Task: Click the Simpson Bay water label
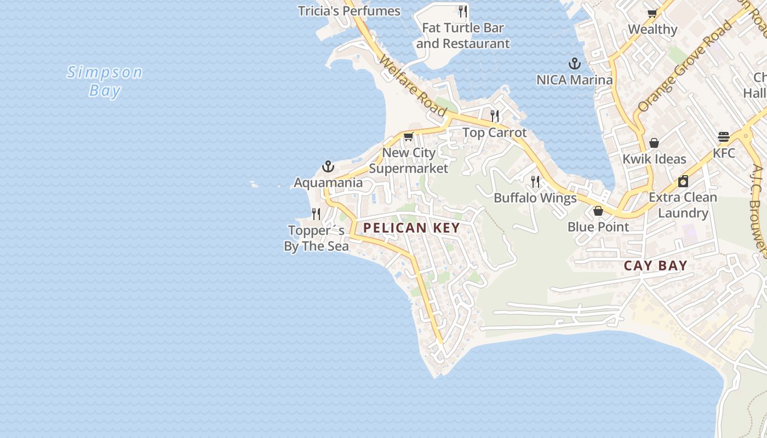105,81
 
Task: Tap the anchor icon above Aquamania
328,166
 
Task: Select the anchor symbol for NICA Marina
574,64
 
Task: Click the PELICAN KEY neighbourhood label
411,228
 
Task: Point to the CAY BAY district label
655,266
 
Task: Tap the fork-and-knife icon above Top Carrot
495,116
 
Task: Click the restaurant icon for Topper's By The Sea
316,214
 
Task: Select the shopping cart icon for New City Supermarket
408,137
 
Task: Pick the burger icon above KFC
724,137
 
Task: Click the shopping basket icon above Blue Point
598,210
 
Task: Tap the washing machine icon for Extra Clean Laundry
683,181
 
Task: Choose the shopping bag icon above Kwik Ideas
654,143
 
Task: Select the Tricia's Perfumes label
349,11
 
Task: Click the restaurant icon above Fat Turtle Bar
463,11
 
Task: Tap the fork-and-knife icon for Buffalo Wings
535,181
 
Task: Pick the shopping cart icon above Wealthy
652,13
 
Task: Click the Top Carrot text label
495,132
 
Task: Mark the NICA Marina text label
574,80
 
